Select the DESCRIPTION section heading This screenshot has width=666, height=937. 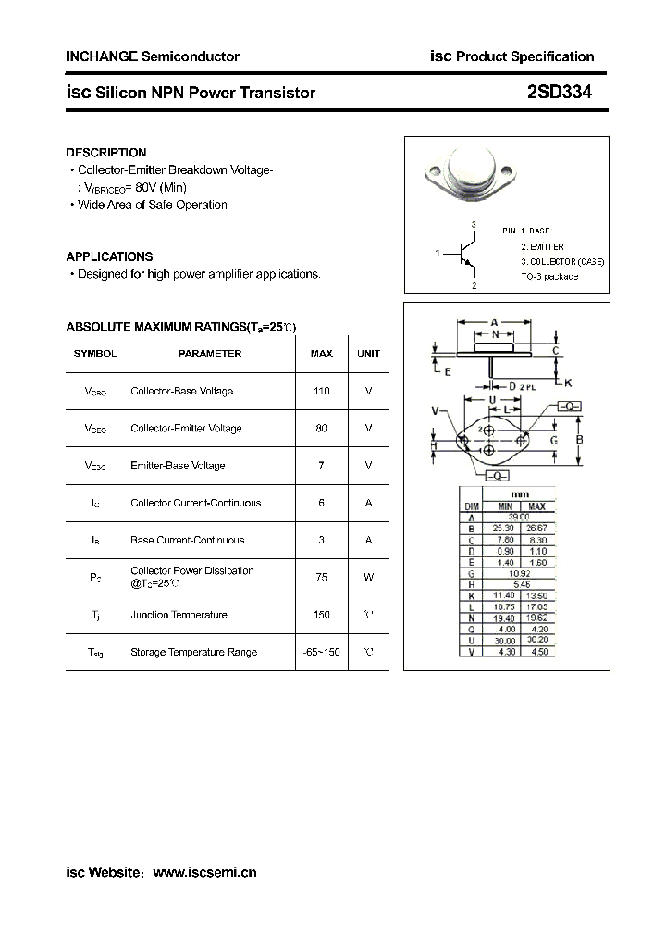(106, 153)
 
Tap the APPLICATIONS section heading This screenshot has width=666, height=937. (109, 256)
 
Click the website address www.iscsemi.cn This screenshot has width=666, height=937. (204, 872)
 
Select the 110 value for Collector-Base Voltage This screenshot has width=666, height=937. (321, 391)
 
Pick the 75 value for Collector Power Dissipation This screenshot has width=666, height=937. (321, 577)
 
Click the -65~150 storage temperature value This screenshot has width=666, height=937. (321, 652)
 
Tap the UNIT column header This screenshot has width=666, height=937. (368, 354)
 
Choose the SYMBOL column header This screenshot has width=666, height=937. (95, 354)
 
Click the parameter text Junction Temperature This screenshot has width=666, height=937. (179, 615)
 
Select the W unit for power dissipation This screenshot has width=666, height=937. (368, 577)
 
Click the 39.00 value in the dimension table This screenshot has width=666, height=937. (520, 518)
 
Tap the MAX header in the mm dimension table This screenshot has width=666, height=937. (536, 506)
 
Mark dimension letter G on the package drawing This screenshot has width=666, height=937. (553, 440)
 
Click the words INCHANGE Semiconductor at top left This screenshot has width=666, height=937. (153, 56)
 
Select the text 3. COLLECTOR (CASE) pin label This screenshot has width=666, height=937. (561, 262)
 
